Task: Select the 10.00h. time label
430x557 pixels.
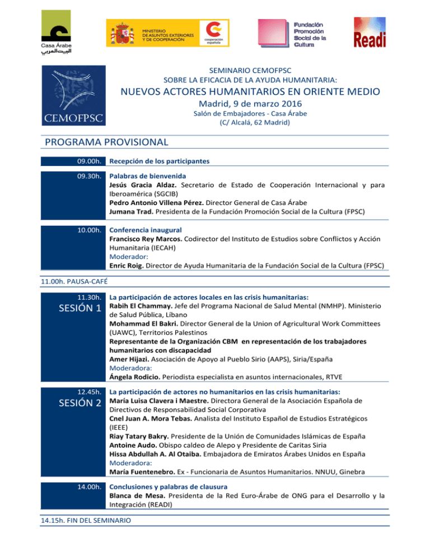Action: [90, 230]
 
